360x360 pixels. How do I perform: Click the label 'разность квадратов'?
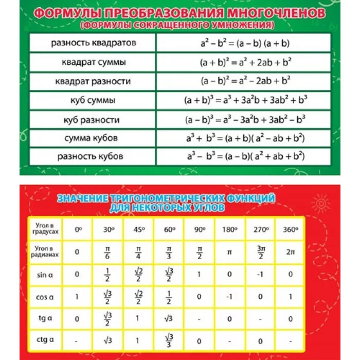pyautogui.click(x=94, y=43)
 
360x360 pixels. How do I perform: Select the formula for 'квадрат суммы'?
pyautogui.click(x=246, y=62)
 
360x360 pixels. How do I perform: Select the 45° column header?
pyautogui.click(x=138, y=230)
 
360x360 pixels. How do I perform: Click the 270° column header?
pyautogui.click(x=261, y=230)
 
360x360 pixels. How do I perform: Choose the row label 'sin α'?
pyautogui.click(x=45, y=275)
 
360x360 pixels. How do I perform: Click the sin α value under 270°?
pyautogui.click(x=261, y=275)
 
